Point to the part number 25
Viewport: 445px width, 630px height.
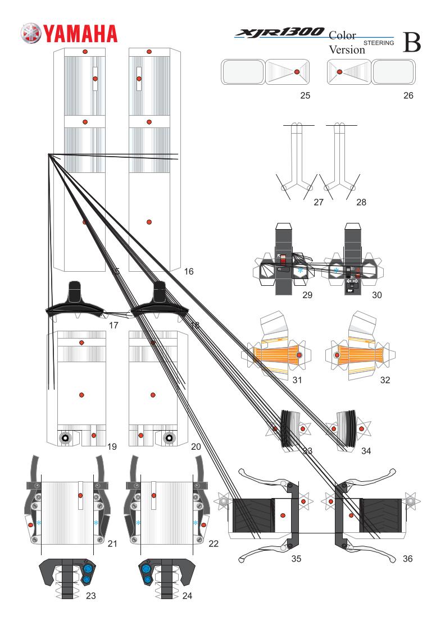pos(305,95)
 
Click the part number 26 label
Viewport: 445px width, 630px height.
pos(408,95)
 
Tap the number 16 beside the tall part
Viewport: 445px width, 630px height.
pos(189,271)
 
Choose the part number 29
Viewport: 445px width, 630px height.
pos(306,294)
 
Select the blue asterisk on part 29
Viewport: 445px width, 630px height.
pos(301,271)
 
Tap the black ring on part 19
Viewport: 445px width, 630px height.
pos(65,438)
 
